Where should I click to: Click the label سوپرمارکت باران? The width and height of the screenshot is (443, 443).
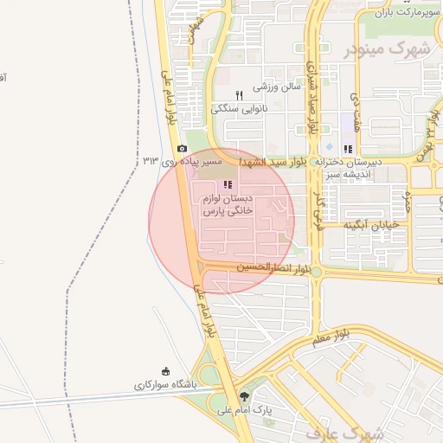pyautogui.click(x=402, y=12)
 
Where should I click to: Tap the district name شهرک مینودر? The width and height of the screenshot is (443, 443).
pyautogui.click(x=388, y=48)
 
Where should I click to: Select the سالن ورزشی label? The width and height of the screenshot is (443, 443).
pyautogui.click(x=276, y=87)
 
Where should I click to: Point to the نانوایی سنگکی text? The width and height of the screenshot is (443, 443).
pyautogui.click(x=236, y=108)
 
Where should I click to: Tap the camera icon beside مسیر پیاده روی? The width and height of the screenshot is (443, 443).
pyautogui.click(x=181, y=149)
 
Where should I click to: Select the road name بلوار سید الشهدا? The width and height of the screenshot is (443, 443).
pyautogui.click(x=273, y=162)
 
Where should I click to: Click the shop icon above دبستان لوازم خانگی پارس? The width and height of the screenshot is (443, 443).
pyautogui.click(x=228, y=184)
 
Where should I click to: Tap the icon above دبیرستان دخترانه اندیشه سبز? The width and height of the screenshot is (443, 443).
pyautogui.click(x=348, y=149)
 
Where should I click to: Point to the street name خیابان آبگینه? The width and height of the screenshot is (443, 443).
pyautogui.click(x=370, y=224)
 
